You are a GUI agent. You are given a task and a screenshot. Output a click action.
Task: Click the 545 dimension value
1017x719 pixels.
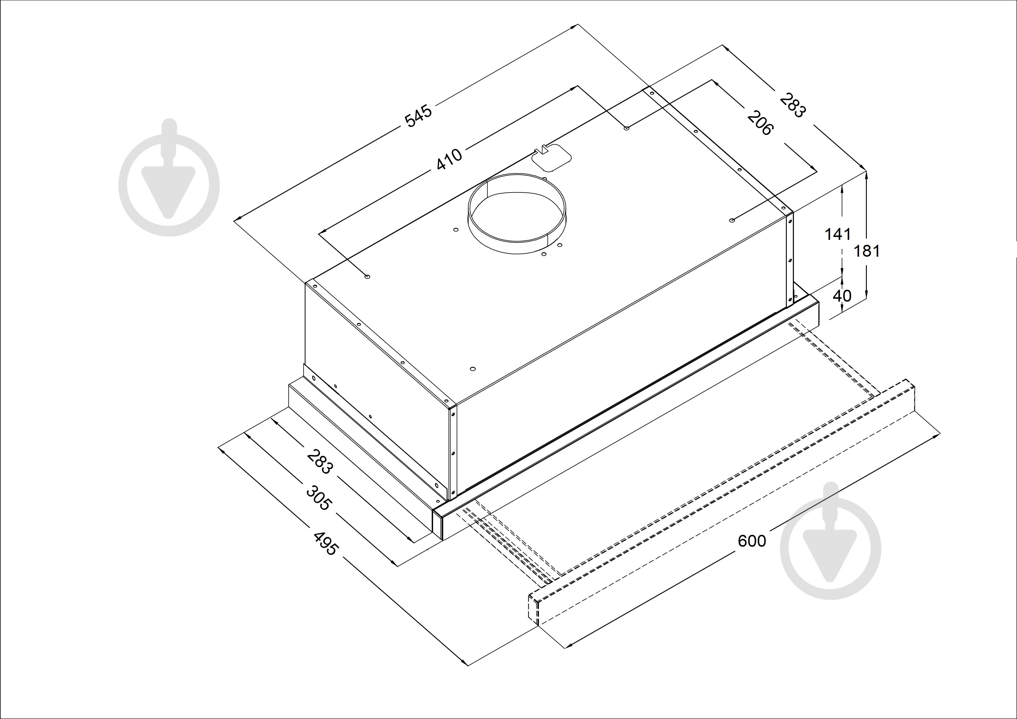(418, 116)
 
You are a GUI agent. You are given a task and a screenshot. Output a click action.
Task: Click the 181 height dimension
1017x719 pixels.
(867, 251)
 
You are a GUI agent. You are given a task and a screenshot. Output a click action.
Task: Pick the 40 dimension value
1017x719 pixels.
(842, 296)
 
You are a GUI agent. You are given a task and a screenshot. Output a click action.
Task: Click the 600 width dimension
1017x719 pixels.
(752, 541)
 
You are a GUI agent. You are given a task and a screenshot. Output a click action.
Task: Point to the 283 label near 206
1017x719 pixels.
(792, 105)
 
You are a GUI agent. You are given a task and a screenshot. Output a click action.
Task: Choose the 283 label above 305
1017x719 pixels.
(319, 462)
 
